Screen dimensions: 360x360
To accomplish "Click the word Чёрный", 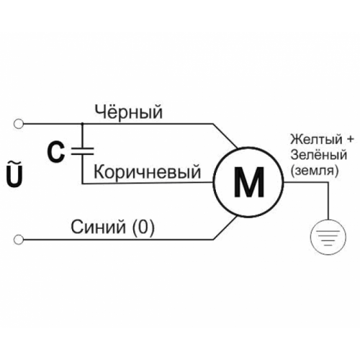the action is [x=129, y=112].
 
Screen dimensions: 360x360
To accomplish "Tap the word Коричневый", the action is [x=147, y=171].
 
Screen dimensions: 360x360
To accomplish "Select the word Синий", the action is [x=98, y=227].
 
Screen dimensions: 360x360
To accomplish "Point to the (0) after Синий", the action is [x=143, y=228].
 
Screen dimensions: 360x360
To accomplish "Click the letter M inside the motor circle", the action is [x=249, y=181].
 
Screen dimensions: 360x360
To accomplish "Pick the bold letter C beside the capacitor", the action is [x=56, y=152].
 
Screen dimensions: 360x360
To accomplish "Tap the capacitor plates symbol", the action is [x=82, y=151].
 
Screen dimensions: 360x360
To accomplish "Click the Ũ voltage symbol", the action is [x=14, y=174].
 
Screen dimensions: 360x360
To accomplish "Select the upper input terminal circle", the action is [x=19, y=124].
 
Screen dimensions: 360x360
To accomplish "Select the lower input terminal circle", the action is [x=19, y=240].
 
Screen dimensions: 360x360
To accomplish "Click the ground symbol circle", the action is [x=328, y=237].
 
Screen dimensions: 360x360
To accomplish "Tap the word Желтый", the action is [x=316, y=139].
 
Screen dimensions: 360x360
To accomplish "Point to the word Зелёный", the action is [x=319, y=155].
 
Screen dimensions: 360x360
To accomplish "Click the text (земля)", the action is [x=315, y=171].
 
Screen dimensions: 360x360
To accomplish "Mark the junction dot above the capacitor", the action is [x=82, y=124].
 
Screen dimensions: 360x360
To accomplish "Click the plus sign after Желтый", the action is [x=350, y=140].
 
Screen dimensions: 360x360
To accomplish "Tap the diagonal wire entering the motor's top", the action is [x=225, y=136].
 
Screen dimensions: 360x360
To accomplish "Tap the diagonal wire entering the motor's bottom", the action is [x=225, y=228].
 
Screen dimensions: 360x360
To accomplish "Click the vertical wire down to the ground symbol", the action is [x=328, y=201].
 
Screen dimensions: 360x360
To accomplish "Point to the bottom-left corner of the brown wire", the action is [x=82, y=184].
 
